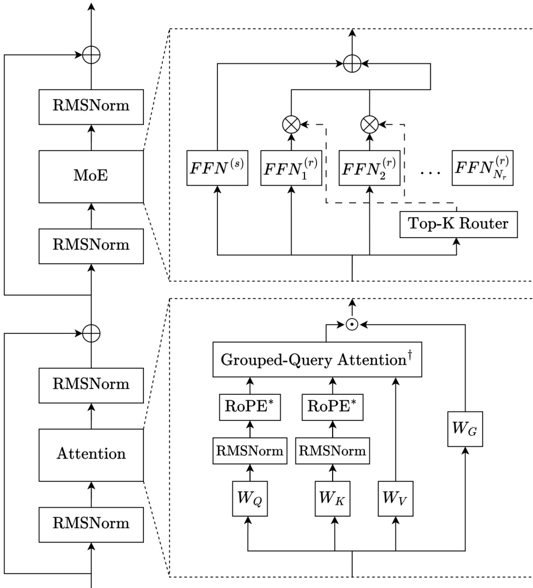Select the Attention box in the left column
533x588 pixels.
(91, 454)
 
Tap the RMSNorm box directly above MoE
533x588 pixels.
(91, 105)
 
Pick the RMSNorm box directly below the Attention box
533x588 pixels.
(91, 523)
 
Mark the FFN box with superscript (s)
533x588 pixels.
(216, 167)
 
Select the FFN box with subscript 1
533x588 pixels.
(291, 167)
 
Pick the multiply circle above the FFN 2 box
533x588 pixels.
(369, 125)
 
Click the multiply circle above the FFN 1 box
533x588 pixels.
(291, 125)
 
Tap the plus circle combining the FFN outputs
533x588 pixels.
(351, 64)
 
